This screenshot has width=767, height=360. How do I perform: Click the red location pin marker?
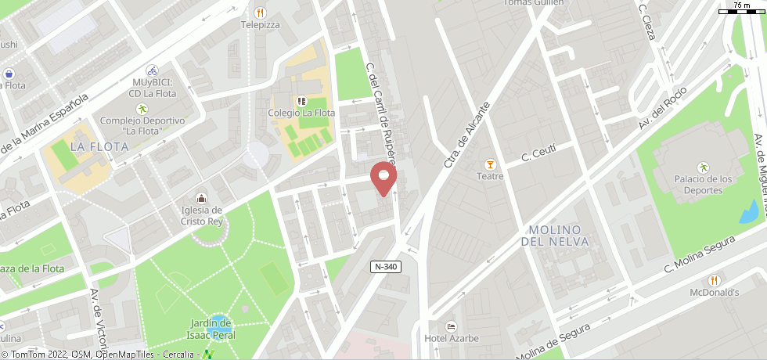click(383, 177)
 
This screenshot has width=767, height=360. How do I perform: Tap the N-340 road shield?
click(387, 267)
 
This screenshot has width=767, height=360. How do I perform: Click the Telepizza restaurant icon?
click(260, 13)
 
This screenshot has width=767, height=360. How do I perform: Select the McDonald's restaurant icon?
click(714, 280)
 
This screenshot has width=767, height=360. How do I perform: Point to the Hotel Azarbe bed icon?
click(450, 326)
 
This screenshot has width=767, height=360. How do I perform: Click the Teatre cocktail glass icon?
click(490, 164)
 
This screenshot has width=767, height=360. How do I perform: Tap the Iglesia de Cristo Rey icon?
click(202, 198)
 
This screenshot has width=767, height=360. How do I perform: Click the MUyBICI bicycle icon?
click(153, 70)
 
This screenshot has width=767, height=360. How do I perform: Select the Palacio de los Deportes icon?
click(703, 167)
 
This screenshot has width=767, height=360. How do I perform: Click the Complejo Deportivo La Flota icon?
click(142, 109)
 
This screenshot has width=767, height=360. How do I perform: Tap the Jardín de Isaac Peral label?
click(213, 329)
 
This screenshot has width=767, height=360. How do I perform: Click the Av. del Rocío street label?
click(662, 107)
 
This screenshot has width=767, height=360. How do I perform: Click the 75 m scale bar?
click(742, 9)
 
